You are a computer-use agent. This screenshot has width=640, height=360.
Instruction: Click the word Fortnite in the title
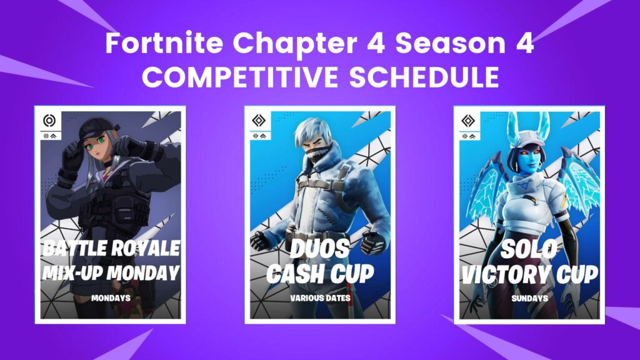click(x=149, y=46)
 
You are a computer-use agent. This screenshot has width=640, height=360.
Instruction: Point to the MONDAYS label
click(x=111, y=298)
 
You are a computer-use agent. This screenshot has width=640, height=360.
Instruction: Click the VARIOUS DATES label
click(x=320, y=298)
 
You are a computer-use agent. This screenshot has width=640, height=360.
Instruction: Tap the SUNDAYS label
click(x=529, y=298)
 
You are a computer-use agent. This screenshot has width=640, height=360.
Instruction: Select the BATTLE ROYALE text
click(x=111, y=248)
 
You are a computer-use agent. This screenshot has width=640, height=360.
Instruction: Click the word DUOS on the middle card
click(x=320, y=248)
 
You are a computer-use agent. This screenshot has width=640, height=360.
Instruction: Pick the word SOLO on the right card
click(x=529, y=248)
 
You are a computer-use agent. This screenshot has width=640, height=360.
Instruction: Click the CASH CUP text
click(x=320, y=272)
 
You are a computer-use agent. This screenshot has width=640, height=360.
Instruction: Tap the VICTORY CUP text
click(x=529, y=272)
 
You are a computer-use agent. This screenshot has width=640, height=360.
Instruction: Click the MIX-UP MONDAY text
click(x=111, y=272)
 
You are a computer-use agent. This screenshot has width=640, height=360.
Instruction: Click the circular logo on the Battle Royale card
click(x=49, y=121)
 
